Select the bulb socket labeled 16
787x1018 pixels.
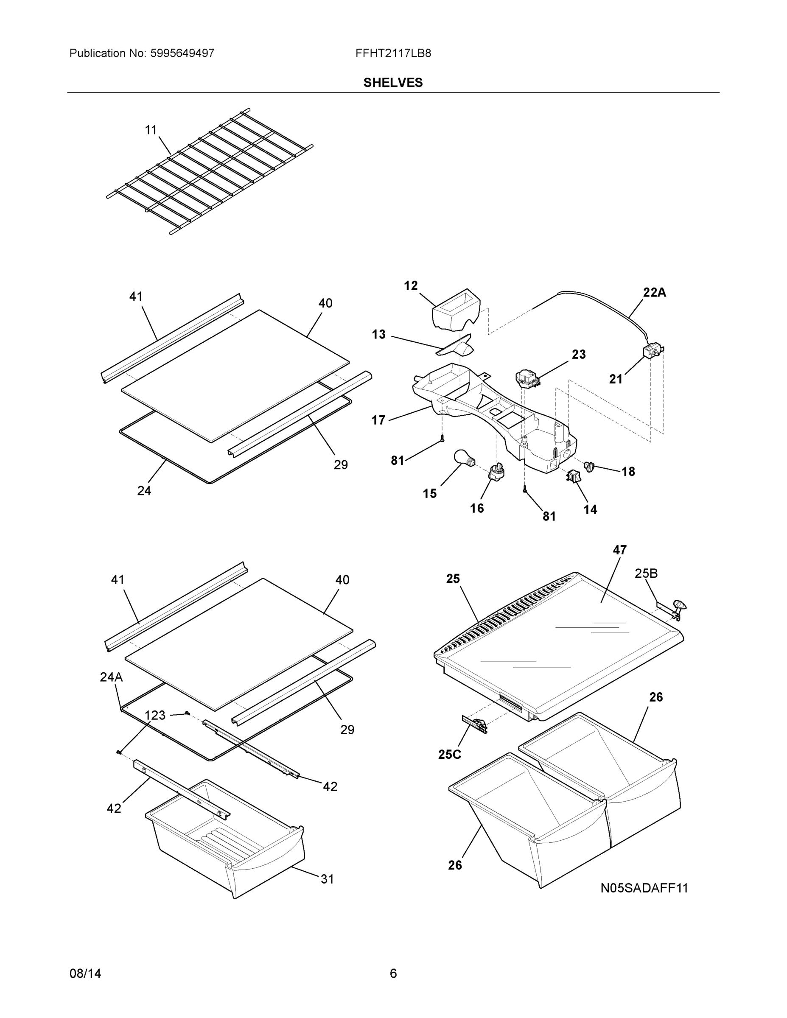pos(496,472)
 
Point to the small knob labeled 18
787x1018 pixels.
pos(590,465)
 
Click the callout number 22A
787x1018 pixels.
pos(654,293)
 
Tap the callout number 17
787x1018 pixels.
pos(378,420)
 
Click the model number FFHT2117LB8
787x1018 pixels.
pos(393,53)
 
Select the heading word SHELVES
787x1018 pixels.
pos(393,83)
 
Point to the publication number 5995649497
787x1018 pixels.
pos(182,53)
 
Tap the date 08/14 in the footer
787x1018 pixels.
pos(85,974)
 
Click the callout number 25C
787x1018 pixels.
pos(449,755)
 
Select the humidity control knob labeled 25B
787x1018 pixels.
pos(679,607)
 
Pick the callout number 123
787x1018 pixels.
pos(155,716)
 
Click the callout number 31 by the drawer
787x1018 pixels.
pos(327,879)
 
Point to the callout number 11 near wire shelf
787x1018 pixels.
pos(151,130)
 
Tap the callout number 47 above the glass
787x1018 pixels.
pos(619,550)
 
